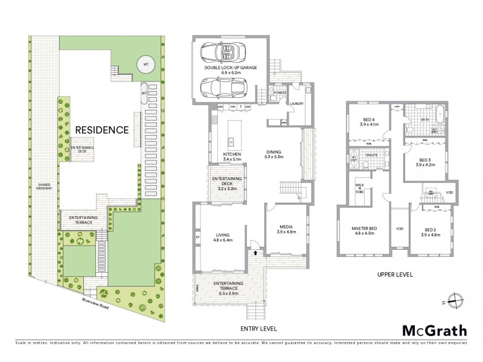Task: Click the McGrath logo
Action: tap(435, 330)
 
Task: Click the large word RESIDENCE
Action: tap(101, 129)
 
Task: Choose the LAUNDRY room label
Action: tap(296, 103)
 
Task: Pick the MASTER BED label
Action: tap(364, 231)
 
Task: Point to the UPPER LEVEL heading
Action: tap(395, 275)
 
